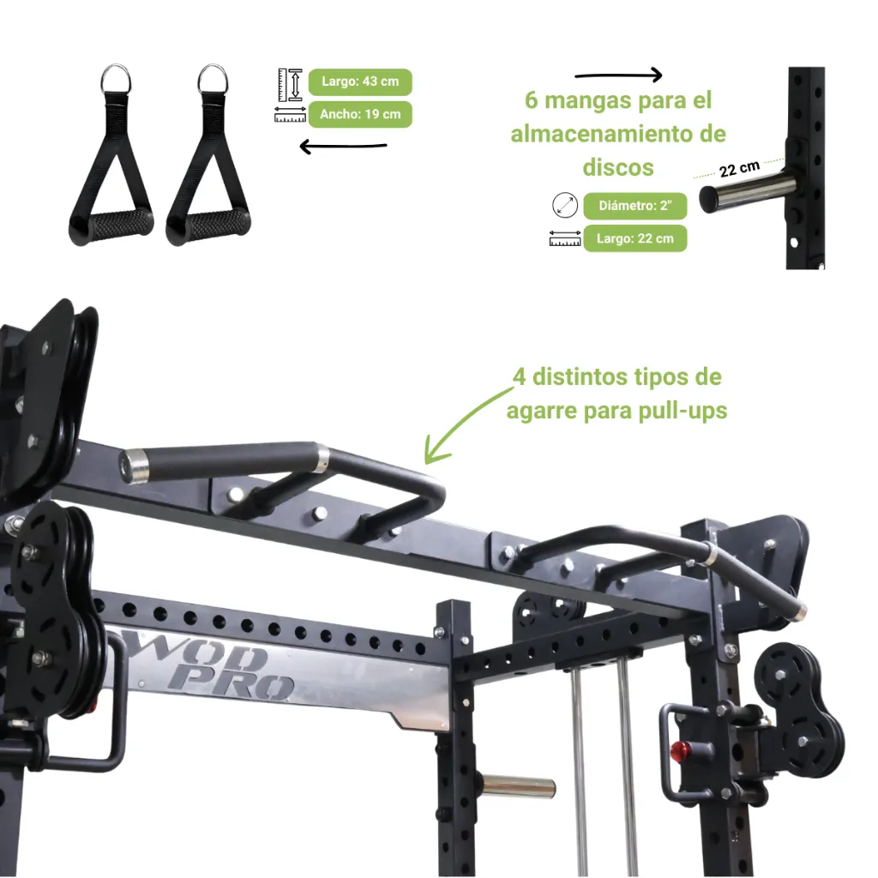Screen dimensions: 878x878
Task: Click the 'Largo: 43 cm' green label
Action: (360, 81)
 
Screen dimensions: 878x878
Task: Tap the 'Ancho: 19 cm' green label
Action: (360, 114)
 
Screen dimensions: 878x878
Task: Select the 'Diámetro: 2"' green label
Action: (635, 206)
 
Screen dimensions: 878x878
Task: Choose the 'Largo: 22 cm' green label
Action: (635, 238)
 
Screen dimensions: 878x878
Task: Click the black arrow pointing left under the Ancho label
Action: (343, 147)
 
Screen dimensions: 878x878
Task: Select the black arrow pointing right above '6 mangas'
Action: (619, 75)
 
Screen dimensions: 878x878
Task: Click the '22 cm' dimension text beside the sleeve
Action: (739, 169)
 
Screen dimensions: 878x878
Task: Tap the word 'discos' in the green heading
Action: (618, 167)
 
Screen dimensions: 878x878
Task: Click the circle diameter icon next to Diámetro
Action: (565, 205)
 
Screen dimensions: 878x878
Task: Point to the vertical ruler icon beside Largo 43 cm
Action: (290, 85)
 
